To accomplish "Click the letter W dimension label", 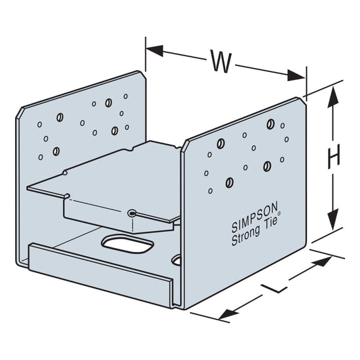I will coord(221,62).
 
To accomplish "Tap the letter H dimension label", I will coord(334,156).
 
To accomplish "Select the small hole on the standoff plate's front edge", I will coord(132,213).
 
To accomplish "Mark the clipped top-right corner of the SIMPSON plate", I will coord(304,101).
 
